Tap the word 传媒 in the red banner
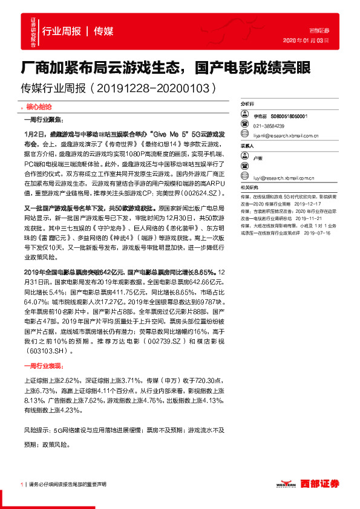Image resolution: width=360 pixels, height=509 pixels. tap(103, 31)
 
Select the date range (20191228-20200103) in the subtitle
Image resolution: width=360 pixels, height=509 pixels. tap(154, 88)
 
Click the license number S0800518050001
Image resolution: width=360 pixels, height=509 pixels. tap(290, 116)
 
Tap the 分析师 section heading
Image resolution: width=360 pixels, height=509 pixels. tap(249, 104)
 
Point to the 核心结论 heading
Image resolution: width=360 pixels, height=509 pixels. tap(40, 105)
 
